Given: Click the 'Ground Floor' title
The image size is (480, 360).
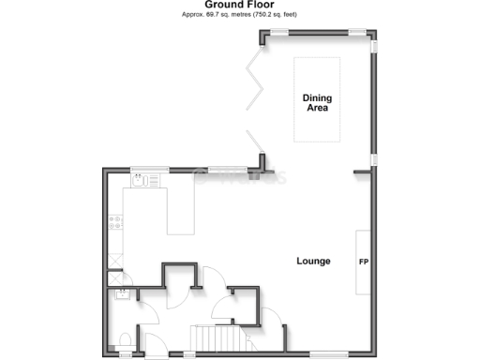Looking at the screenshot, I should (239, 5).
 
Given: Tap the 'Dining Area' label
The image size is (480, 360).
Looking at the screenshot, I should (316, 103).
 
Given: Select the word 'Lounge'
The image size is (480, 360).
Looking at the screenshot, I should (313, 261).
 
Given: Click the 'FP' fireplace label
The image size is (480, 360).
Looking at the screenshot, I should (363, 261).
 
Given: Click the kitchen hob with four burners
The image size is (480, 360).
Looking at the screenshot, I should (114, 223).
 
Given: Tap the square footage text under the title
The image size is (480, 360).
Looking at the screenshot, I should (239, 16).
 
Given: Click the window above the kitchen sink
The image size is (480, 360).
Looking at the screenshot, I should (143, 170).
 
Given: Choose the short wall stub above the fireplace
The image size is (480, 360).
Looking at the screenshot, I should (362, 172).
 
